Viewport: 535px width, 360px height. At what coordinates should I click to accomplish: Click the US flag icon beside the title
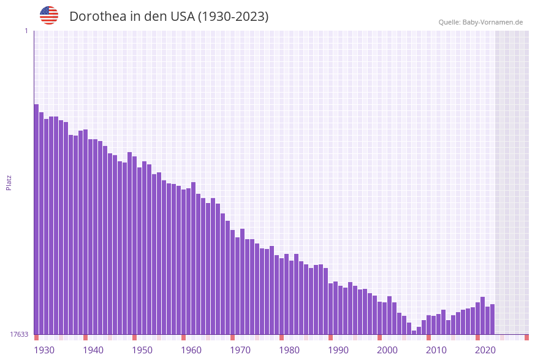tap(49, 15)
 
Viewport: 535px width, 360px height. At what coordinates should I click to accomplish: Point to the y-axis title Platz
tap(9, 182)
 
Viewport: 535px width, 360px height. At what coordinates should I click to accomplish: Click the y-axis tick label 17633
tap(19, 334)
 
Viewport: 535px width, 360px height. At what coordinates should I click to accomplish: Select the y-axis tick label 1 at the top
tap(26, 31)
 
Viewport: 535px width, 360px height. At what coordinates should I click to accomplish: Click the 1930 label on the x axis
tap(44, 350)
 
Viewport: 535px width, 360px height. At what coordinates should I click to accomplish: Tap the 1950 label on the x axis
tap(142, 350)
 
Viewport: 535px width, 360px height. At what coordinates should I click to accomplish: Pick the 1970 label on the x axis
tap(240, 350)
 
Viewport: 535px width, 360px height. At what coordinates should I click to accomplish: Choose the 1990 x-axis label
tap(338, 350)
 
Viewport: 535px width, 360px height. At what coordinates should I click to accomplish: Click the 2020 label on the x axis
tap(485, 350)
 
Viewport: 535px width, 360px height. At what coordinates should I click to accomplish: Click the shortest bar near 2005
tap(414, 332)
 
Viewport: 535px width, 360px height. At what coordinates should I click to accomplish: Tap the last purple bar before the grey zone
tap(492, 319)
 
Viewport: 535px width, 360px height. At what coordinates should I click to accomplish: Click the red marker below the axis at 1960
tap(183, 337)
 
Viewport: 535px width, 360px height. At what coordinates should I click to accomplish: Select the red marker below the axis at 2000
tap(379, 337)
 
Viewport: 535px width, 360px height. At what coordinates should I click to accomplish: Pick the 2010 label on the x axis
tap(436, 350)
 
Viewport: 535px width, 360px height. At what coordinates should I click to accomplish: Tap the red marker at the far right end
tap(526, 337)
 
